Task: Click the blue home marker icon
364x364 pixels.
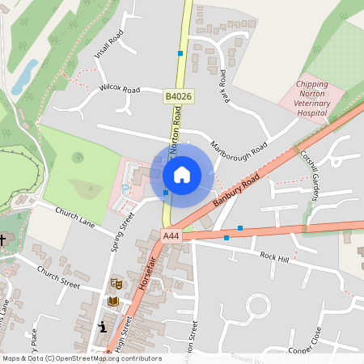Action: tap(182, 174)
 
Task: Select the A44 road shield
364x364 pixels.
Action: tap(170, 236)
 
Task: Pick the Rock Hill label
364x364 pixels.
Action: tap(274, 256)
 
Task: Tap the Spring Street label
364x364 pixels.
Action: tap(122, 232)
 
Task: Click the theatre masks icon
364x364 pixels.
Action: tap(116, 284)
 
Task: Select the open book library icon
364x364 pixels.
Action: tap(113, 301)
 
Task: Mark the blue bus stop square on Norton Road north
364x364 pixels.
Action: tap(180, 53)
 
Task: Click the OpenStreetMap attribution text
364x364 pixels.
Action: tap(82, 358)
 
